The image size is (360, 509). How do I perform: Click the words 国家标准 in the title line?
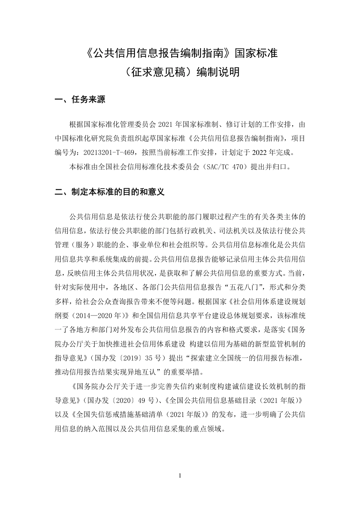257,53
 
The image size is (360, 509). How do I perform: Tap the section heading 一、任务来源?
80,100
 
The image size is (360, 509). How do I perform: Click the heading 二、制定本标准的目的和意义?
110,192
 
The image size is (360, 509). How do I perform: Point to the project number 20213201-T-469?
109,153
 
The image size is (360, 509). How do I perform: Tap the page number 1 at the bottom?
180,476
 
